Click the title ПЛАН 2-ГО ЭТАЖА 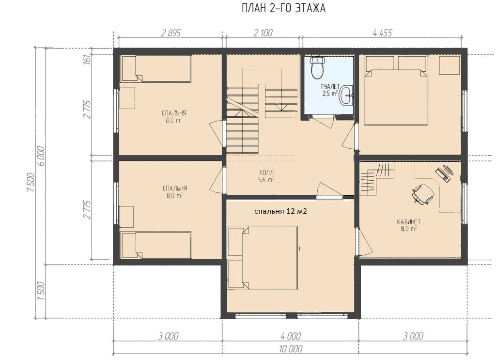pos(283,8)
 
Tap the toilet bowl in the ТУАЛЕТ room pos(317,68)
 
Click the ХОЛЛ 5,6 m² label pos(266,176)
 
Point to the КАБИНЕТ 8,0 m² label pos(409,225)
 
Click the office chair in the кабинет pos(422,194)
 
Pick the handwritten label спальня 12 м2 pos(280,211)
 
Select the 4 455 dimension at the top pos(383,33)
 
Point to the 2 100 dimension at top pos(263,33)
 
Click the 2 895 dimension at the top pos(170,33)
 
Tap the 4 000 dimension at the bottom pos(291,336)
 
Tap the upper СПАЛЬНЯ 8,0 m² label pos(174,116)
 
